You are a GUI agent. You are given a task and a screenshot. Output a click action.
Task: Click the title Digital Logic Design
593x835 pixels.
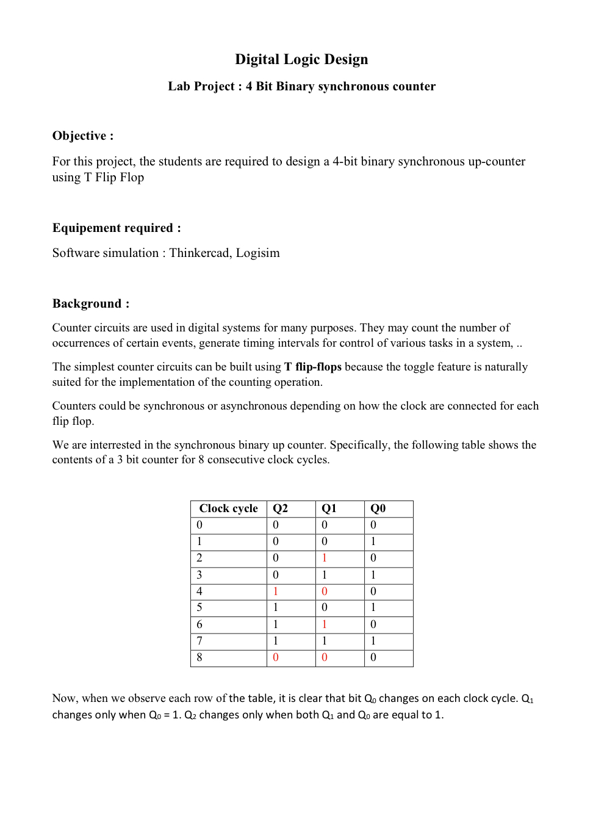click(301, 59)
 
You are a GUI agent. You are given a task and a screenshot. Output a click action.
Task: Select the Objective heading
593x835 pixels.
click(82, 136)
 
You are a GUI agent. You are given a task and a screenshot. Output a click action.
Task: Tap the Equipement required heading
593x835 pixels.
click(116, 228)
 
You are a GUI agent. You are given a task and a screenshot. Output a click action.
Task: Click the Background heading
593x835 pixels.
click(90, 303)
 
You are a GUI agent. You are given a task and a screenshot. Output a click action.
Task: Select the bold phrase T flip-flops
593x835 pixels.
click(312, 367)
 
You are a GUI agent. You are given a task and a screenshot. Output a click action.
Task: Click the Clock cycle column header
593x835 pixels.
click(228, 508)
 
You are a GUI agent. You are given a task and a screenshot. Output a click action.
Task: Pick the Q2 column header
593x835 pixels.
click(280, 508)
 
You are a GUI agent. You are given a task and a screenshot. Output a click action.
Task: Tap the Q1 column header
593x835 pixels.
click(329, 508)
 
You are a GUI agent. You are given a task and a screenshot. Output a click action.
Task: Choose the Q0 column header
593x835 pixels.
click(378, 508)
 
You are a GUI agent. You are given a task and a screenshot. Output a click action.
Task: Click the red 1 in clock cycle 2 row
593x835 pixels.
click(325, 558)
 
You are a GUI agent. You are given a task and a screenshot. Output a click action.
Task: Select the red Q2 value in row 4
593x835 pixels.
click(276, 591)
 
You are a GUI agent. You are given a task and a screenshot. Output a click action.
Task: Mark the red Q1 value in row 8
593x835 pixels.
click(325, 657)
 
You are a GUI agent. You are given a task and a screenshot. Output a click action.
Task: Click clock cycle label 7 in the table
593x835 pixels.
click(199, 641)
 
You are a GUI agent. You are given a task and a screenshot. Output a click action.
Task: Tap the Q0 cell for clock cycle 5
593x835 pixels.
click(373, 607)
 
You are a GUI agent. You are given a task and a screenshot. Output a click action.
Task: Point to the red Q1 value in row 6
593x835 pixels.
click(325, 624)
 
